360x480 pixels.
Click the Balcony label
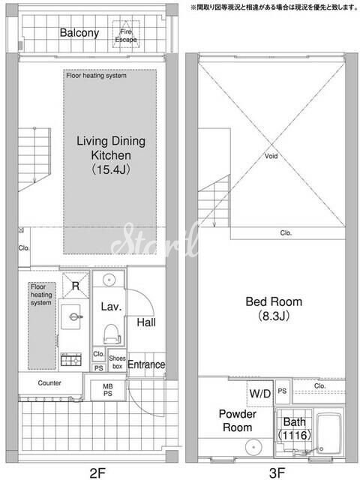[x=79, y=33]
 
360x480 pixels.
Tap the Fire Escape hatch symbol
[x=126, y=34]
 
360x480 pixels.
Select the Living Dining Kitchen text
[x=111, y=148]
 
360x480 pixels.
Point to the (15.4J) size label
[x=111, y=169]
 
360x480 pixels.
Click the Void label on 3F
[x=271, y=156]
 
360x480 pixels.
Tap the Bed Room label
[x=274, y=301]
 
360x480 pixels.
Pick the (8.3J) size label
[x=274, y=316]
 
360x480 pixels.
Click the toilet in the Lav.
[x=112, y=334]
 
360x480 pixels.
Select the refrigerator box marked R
[x=76, y=285]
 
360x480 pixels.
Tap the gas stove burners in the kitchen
[x=71, y=359]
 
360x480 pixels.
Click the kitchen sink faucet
[x=74, y=316]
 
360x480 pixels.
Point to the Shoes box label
[x=117, y=361]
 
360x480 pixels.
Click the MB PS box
[x=108, y=390]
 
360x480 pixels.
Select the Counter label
[x=49, y=383]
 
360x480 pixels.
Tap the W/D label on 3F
[x=260, y=394]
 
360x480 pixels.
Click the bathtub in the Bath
[x=328, y=433]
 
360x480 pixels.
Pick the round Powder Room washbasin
[x=254, y=447]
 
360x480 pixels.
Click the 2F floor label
[x=97, y=473]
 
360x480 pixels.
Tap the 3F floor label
[x=277, y=473]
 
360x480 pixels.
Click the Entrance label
[x=146, y=364]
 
